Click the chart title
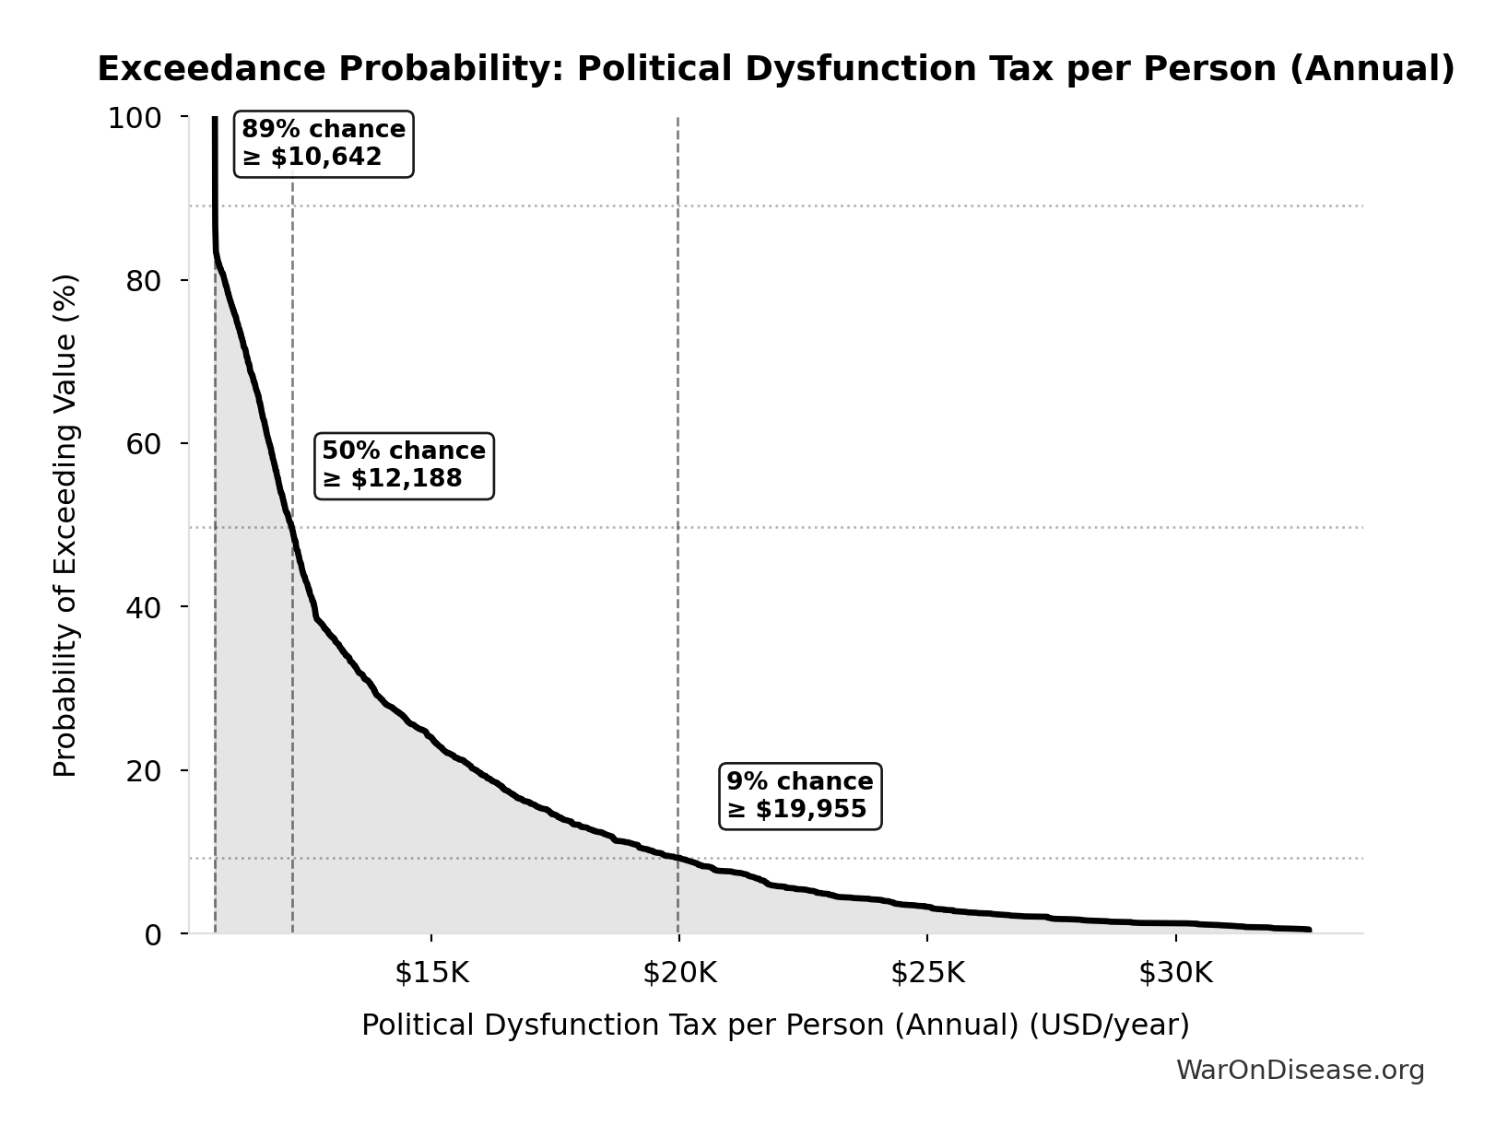click(x=775, y=69)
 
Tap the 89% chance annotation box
click(x=323, y=143)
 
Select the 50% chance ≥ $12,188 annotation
click(x=404, y=465)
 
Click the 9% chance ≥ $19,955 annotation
click(x=799, y=795)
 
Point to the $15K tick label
click(x=431, y=973)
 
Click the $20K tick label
click(x=679, y=973)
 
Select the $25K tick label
click(x=927, y=973)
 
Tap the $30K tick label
click(x=1175, y=973)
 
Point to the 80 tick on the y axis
click(x=144, y=281)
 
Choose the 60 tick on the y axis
click(x=144, y=444)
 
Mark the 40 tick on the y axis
click(x=144, y=607)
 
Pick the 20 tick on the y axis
click(x=144, y=770)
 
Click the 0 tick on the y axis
click(x=153, y=934)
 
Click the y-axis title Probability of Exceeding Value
click(x=65, y=525)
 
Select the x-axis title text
click(x=775, y=1025)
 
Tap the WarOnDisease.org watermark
click(x=1300, y=1070)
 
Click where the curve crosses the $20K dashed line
click(x=678, y=858)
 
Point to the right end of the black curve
click(x=1308, y=930)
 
